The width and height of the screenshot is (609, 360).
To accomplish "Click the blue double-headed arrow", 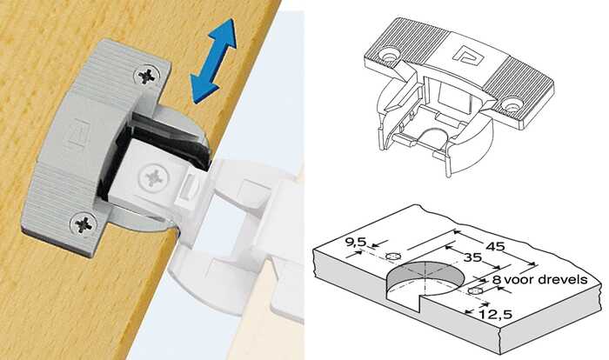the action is click(x=213, y=61).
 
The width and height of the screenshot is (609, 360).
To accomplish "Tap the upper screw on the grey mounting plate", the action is click(x=146, y=76).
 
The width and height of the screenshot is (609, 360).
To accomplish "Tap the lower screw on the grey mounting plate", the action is click(x=84, y=224).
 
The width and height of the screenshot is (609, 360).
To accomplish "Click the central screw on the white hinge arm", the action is click(x=154, y=177).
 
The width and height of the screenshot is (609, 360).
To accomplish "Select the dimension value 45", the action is click(x=496, y=246).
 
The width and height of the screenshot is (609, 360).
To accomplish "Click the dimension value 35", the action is click(x=472, y=257).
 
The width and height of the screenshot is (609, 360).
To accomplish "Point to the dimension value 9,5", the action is click(x=355, y=242).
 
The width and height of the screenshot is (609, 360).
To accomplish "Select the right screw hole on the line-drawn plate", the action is click(x=512, y=104).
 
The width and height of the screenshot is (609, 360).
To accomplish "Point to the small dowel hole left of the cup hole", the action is click(x=394, y=257).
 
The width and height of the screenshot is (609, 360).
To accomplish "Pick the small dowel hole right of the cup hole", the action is click(x=475, y=291).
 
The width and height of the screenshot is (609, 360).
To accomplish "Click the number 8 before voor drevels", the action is click(x=497, y=280).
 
